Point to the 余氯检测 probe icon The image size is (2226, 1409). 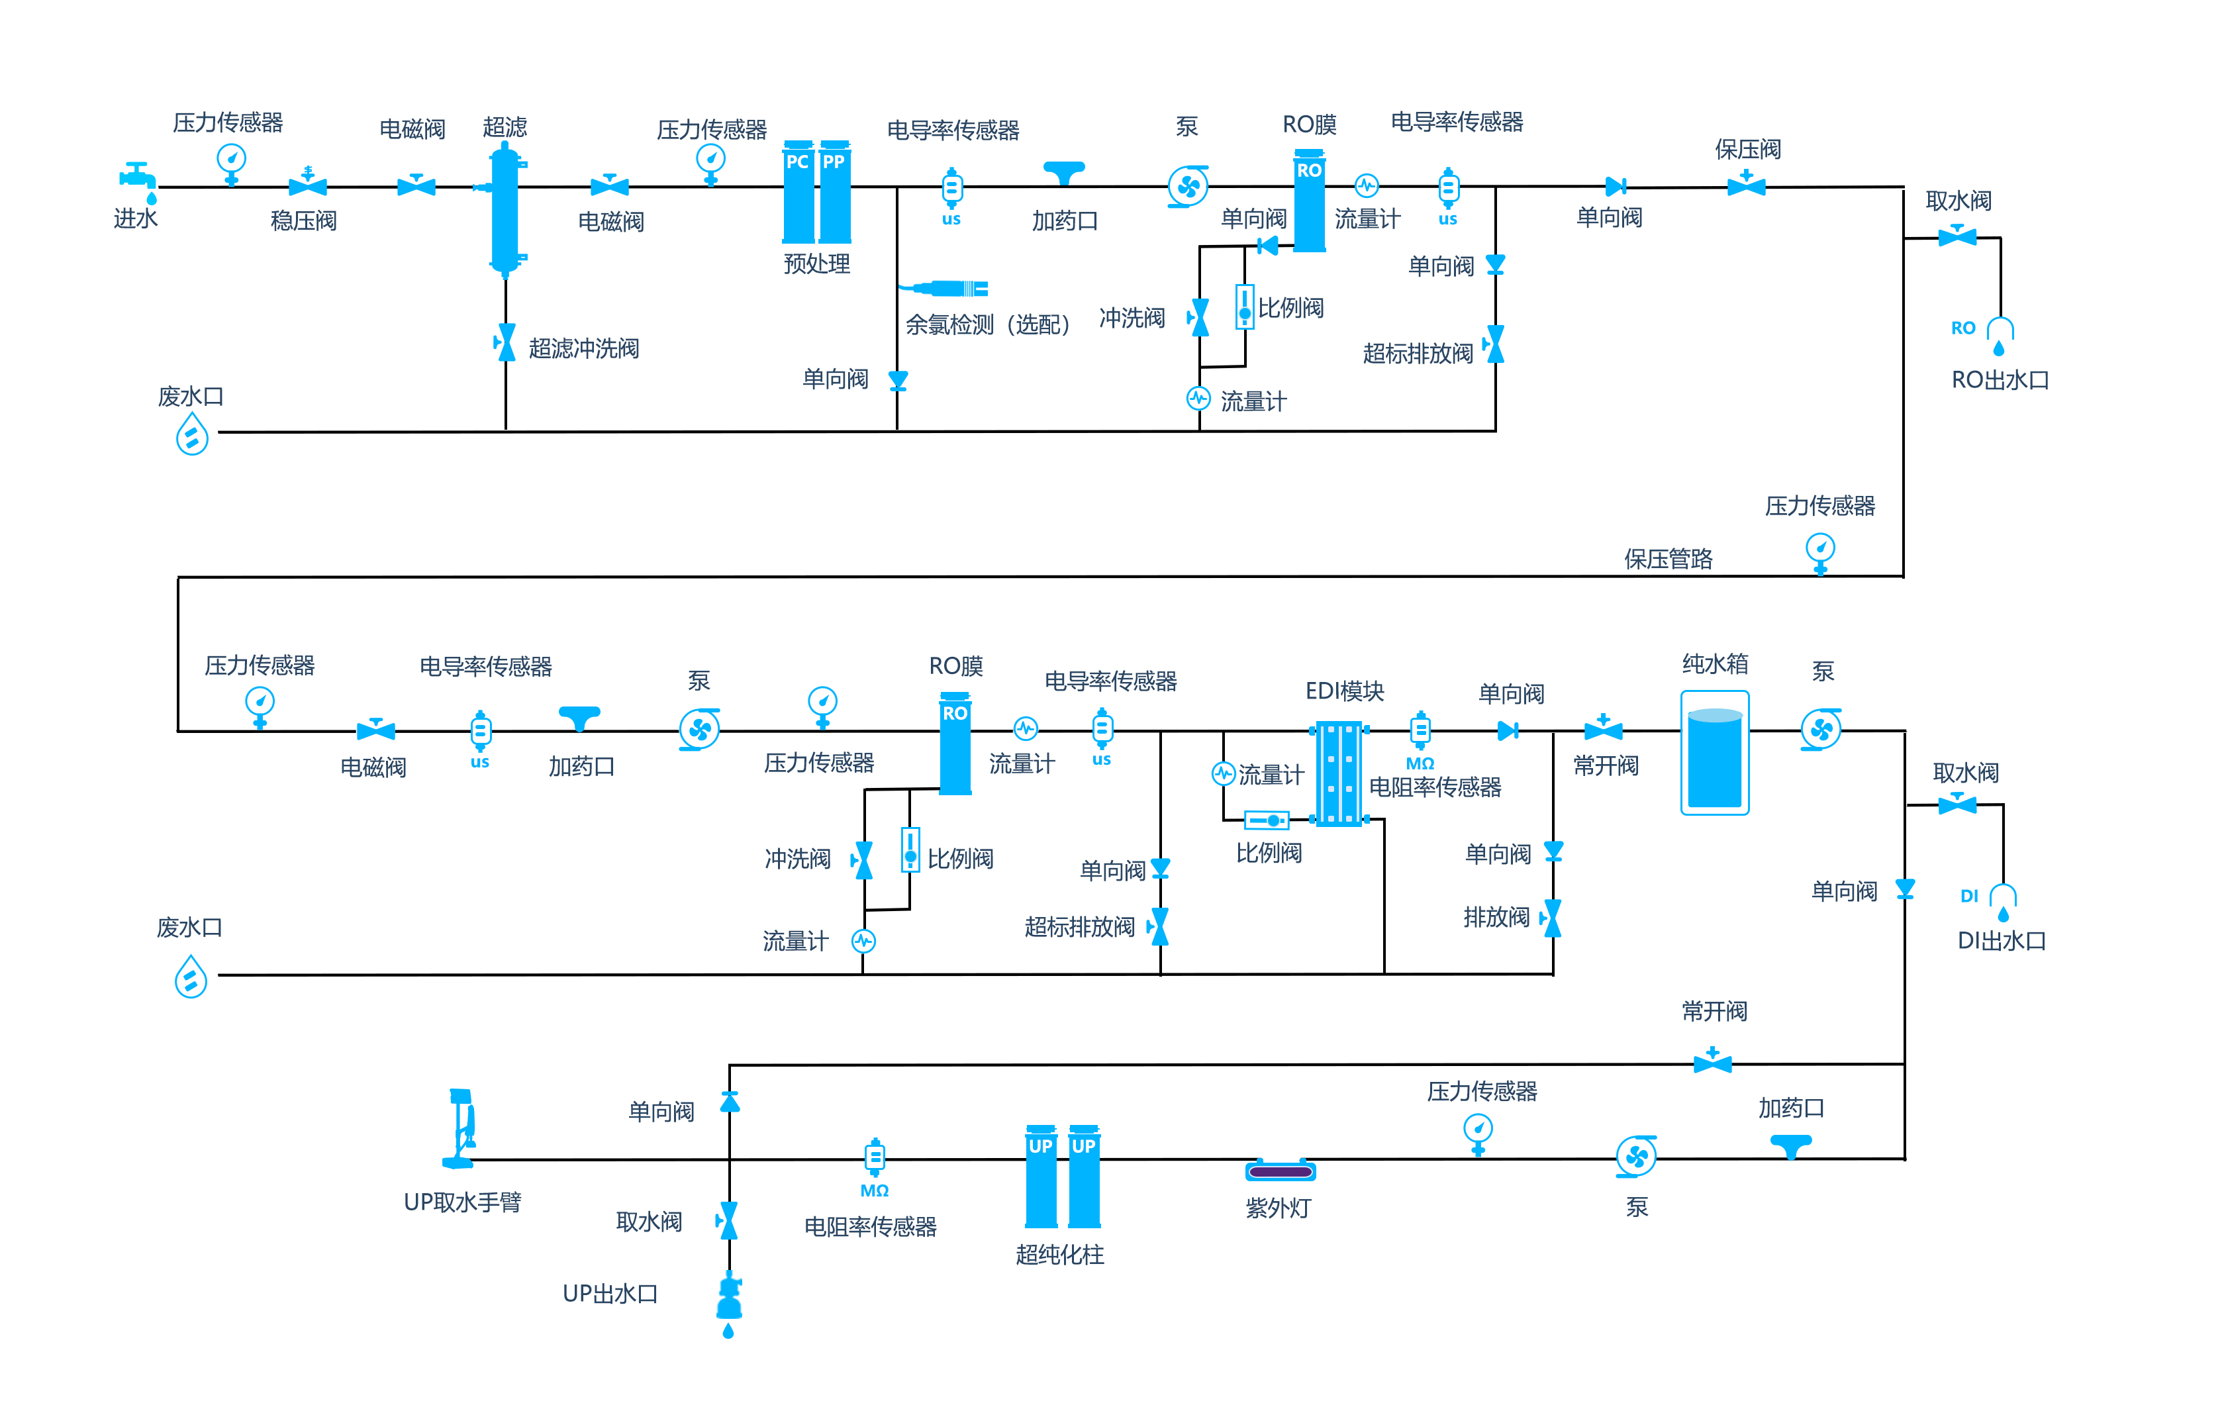point(952,289)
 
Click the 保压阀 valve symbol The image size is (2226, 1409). point(1746,184)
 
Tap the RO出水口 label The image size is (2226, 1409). point(2000,380)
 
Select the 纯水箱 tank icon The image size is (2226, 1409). point(1714,753)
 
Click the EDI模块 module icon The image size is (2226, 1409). point(1339,774)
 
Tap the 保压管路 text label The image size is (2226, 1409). point(1668,559)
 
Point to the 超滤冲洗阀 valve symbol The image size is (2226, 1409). point(506,343)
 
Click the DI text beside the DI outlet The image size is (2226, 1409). point(1969,896)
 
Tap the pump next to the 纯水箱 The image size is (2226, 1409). point(1820,730)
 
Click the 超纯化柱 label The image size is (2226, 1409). point(1059,1255)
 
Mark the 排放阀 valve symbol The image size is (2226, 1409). point(1553,918)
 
